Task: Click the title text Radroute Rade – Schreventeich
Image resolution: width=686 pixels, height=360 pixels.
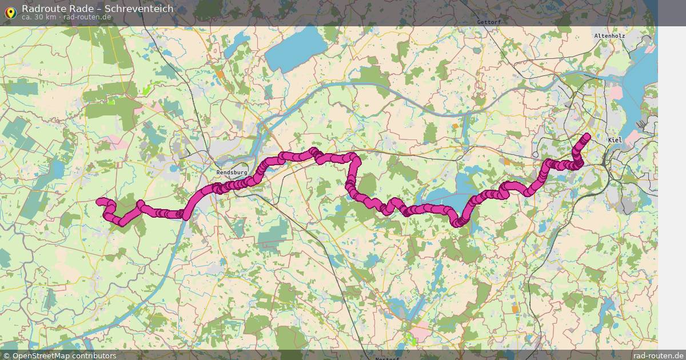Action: click(97, 9)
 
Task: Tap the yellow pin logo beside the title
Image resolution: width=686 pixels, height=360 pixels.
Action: click(10, 12)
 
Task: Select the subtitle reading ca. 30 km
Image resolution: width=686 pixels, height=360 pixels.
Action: click(38, 17)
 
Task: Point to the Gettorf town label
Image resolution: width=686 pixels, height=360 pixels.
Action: click(488, 22)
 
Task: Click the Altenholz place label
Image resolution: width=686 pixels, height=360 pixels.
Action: click(609, 35)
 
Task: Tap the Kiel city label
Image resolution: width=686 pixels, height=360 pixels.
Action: click(615, 140)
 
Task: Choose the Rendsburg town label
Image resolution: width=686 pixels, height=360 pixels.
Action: click(232, 172)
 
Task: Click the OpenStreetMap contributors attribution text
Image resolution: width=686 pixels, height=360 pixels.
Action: click(64, 355)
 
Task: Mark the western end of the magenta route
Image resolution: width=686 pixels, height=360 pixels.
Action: click(99, 201)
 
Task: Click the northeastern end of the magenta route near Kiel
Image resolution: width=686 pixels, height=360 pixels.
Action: click(587, 136)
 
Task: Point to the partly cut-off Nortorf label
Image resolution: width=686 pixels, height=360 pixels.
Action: click(388, 358)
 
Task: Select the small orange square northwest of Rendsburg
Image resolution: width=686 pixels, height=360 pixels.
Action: click(220, 74)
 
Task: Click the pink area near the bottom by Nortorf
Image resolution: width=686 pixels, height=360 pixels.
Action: click(422, 333)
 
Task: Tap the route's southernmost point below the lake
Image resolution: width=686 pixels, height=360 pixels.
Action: click(458, 222)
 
